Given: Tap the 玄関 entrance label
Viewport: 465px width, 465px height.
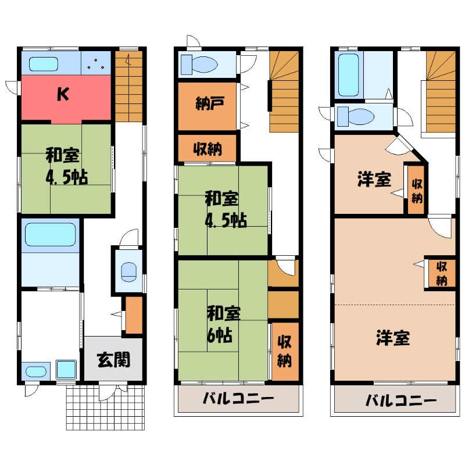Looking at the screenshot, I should pos(113,360).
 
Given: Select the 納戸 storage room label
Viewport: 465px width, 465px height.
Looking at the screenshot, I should pos(206,106).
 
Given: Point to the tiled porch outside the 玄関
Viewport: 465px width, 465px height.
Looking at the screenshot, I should pos(105,407).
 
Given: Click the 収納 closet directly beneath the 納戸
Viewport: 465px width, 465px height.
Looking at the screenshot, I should pos(207,149).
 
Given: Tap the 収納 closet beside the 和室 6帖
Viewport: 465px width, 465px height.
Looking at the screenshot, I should pos(284,352).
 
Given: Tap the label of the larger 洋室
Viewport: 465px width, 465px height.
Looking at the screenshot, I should pos(393,337).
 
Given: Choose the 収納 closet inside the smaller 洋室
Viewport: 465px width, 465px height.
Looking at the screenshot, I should pos(416,191).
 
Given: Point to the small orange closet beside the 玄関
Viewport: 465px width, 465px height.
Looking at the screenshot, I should pos(134,314).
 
